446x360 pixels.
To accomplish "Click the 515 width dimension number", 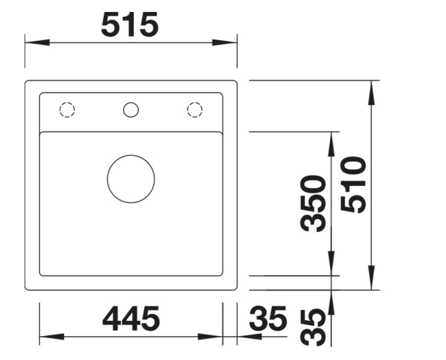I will [130, 25].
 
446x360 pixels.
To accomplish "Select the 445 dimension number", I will [131, 319].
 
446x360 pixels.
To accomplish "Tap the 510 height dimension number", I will [354, 184].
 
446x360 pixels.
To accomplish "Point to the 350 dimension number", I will [313, 203].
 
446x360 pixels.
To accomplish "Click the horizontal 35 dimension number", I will [268, 319].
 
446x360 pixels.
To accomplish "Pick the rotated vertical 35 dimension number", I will [313, 328].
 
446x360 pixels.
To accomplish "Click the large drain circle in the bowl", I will [131, 179].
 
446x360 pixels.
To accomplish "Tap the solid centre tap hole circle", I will [130, 110].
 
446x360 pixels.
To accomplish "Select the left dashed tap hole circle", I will [67, 110].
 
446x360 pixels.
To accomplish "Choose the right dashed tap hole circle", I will [194, 110].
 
